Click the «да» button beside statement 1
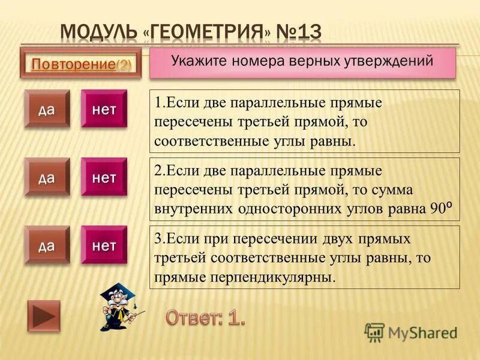tap(47, 109)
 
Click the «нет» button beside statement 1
tap(104, 109)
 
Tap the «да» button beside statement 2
tap(47, 176)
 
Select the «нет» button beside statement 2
tap(104, 176)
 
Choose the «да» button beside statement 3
tap(47, 245)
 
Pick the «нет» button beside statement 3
tap(104, 245)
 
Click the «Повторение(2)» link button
tap(80, 64)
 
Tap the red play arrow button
tap(44, 316)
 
